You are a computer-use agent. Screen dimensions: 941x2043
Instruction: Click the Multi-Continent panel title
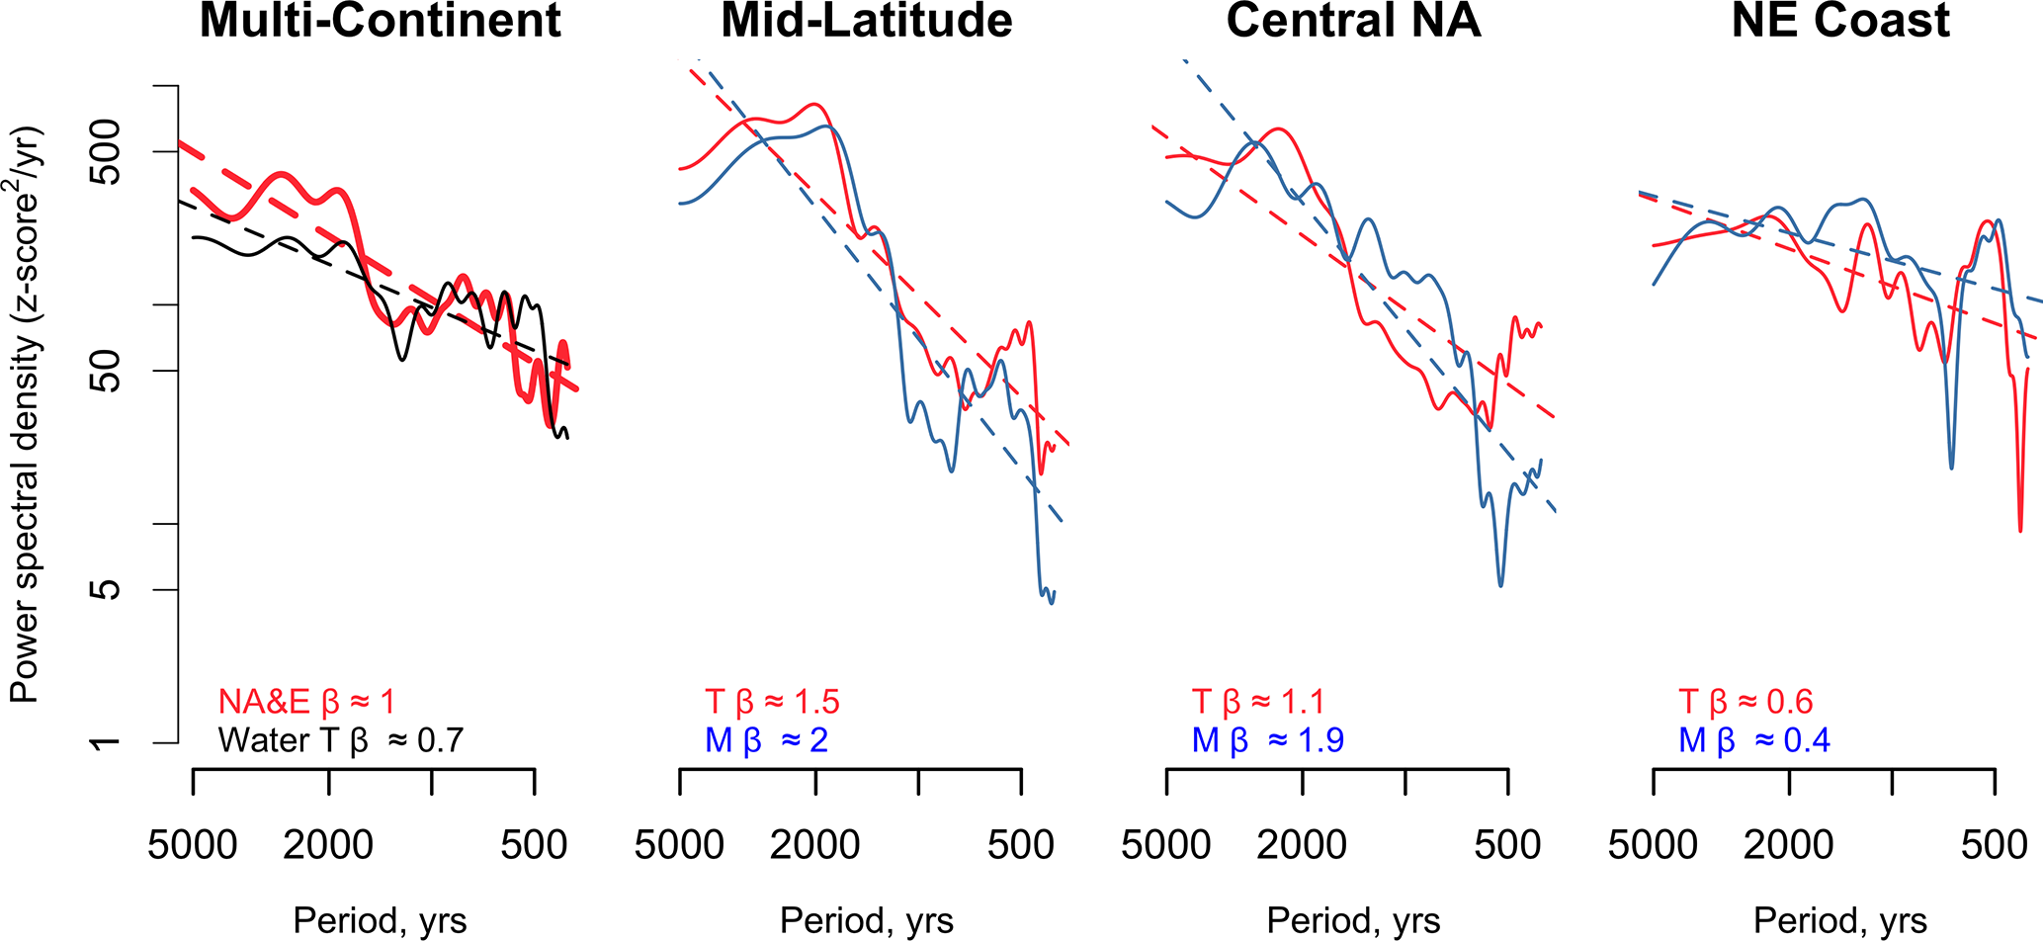click(381, 21)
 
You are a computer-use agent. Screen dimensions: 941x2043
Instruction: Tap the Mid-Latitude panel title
click(867, 21)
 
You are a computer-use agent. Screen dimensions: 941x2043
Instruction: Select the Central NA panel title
click(1353, 21)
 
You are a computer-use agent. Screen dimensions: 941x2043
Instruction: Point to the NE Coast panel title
click(1840, 21)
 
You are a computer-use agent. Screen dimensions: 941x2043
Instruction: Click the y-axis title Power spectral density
click(26, 415)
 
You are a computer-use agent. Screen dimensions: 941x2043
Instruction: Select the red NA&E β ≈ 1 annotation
click(306, 702)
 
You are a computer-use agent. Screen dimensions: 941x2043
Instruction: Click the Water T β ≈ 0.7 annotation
click(341, 740)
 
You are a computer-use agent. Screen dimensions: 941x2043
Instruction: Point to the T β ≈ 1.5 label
click(772, 702)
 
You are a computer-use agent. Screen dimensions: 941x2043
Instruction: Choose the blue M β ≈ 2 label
click(766, 740)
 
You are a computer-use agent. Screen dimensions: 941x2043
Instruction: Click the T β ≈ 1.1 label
click(1257, 702)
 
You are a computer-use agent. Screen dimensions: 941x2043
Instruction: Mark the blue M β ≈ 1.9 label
click(1267, 740)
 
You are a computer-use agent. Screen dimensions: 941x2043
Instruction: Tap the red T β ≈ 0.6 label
click(1745, 702)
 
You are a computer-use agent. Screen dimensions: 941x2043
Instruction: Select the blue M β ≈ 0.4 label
click(1753, 740)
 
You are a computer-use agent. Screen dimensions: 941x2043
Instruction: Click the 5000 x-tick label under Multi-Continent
click(193, 846)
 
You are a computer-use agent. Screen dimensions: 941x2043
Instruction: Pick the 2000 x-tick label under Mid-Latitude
click(815, 846)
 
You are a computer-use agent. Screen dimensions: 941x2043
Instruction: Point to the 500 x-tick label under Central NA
click(1508, 846)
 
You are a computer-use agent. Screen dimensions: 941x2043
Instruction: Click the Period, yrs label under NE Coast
click(1840, 921)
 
